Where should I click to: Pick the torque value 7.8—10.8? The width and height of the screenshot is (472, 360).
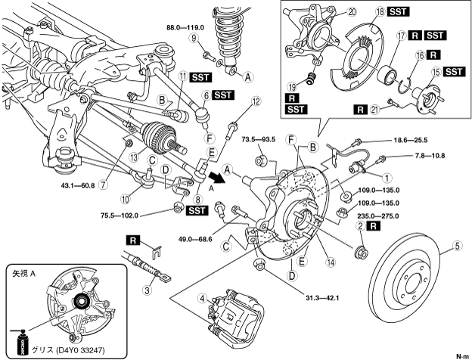pyautogui.click(x=426, y=156)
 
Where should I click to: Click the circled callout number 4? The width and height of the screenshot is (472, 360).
pyautogui.click(x=201, y=297)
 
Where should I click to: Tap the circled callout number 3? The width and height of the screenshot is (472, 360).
pyautogui.click(x=147, y=288)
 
